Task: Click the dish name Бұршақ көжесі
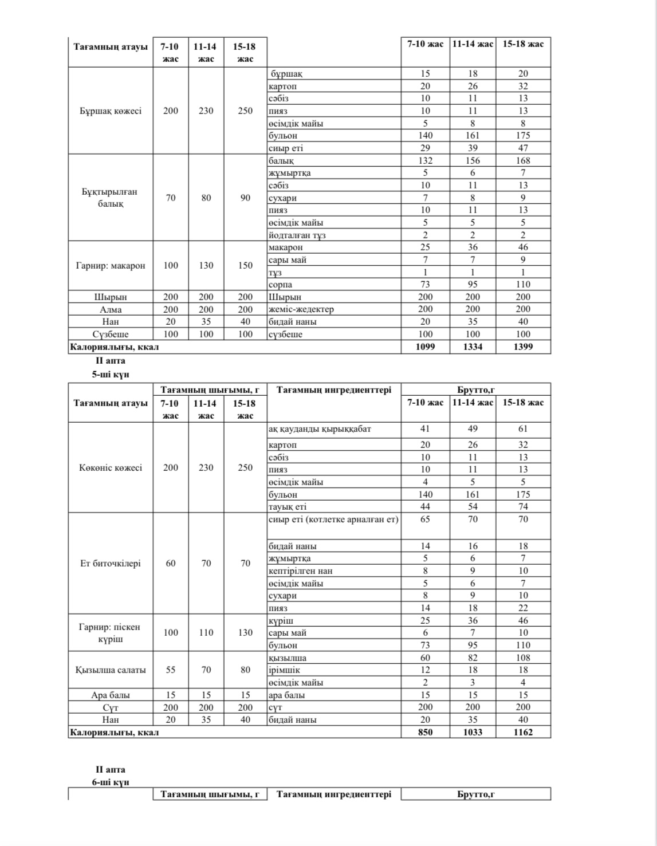click(x=111, y=111)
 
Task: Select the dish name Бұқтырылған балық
click(x=111, y=198)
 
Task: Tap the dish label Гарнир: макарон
click(x=111, y=265)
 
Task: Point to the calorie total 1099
click(x=425, y=347)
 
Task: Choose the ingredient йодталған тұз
click(x=297, y=235)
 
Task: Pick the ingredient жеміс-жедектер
click(x=301, y=309)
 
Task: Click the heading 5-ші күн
click(x=111, y=375)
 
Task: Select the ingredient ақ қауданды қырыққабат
click(x=320, y=429)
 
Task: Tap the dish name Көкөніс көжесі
click(x=111, y=467)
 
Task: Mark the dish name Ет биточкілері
click(x=111, y=563)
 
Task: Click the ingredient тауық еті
click(x=288, y=507)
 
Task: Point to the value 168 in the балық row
click(x=523, y=161)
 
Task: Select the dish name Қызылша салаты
click(x=111, y=670)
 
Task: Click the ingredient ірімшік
click(x=284, y=670)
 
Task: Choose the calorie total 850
click(x=425, y=732)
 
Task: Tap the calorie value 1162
click(x=523, y=732)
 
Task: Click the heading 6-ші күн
click(x=111, y=782)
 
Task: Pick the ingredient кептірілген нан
click(x=300, y=571)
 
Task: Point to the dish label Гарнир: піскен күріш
click(x=111, y=633)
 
